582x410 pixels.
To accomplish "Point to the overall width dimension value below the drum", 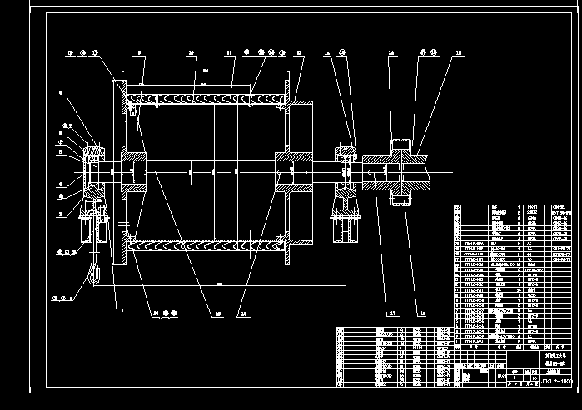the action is tap(219, 284).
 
